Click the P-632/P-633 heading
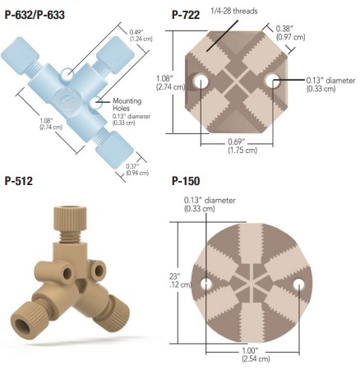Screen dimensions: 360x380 (x=35, y=15)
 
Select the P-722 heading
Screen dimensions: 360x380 (x=186, y=15)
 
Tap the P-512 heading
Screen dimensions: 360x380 (x=19, y=181)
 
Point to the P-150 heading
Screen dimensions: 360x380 (x=186, y=181)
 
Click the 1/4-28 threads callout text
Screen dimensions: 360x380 (x=234, y=12)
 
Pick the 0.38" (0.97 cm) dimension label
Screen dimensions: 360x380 (x=290, y=33)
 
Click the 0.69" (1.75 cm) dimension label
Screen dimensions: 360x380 (x=242, y=146)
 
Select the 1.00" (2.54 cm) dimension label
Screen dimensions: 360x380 (x=256, y=355)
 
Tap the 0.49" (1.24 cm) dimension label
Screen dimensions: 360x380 (x=141, y=35)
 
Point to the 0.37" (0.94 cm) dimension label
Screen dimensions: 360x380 (x=137, y=169)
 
